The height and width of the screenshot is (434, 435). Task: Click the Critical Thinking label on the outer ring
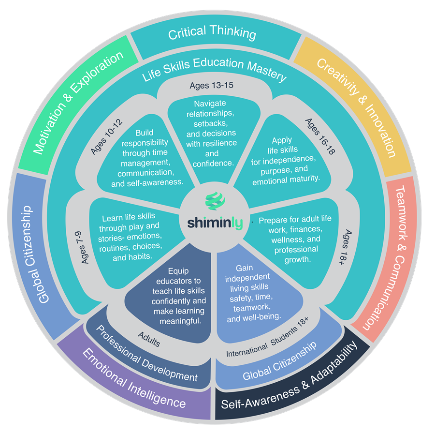(x=212, y=33)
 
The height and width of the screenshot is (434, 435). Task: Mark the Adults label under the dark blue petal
(x=149, y=339)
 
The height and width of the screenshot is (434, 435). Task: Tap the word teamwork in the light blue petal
(x=246, y=307)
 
